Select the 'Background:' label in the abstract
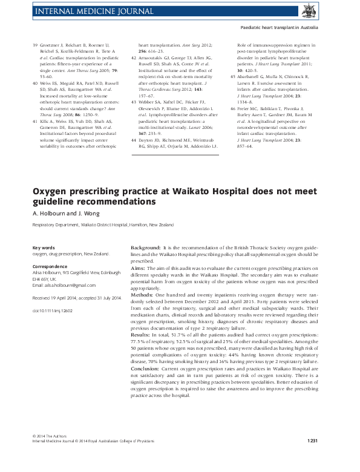click(x=146, y=249)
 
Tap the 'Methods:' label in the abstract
click(x=143, y=294)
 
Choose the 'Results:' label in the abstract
click(x=142, y=334)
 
